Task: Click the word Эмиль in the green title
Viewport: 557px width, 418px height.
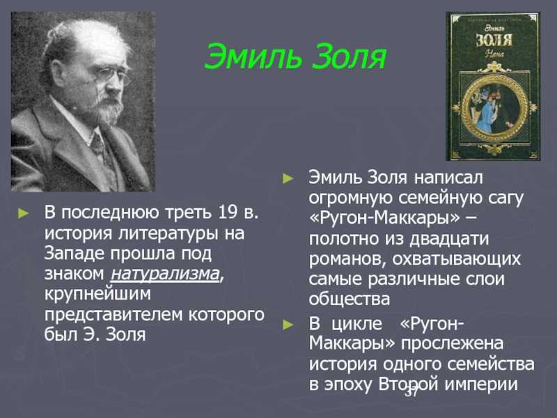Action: (x=253, y=57)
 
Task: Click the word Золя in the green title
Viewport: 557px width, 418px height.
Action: (x=350, y=57)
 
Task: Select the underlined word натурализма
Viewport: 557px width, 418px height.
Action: (x=165, y=274)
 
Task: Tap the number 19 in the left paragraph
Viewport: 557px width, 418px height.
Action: (x=228, y=212)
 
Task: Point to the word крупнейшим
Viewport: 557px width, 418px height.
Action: (x=97, y=295)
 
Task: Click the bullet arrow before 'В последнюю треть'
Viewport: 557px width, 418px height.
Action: (x=24, y=213)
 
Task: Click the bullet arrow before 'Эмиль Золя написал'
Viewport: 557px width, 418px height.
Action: (x=288, y=178)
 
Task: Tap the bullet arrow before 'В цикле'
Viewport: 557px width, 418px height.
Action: (x=288, y=325)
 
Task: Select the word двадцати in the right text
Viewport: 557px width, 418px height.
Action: (x=449, y=239)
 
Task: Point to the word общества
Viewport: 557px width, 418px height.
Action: (x=350, y=300)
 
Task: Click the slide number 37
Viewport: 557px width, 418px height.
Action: (x=412, y=392)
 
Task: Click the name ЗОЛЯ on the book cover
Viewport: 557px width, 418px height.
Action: (x=494, y=40)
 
